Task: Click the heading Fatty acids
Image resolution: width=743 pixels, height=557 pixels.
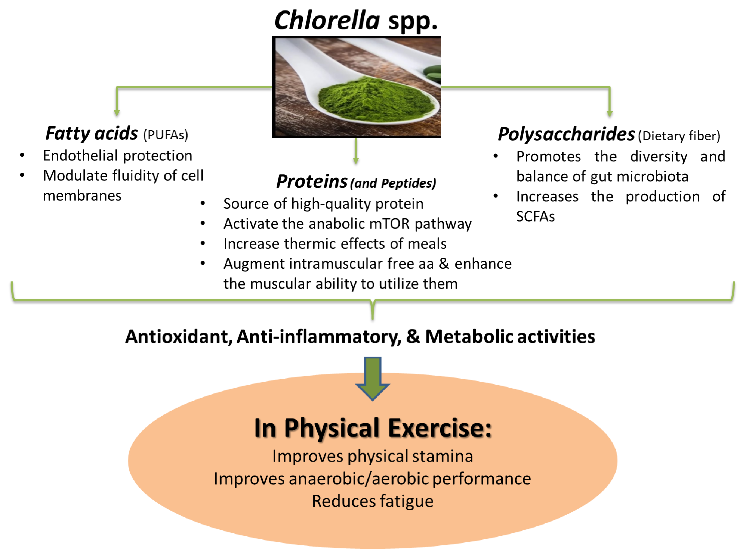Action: coord(91,134)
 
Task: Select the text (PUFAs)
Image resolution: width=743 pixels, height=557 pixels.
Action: coord(166,135)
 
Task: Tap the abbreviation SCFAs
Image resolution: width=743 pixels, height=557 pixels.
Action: coord(535,217)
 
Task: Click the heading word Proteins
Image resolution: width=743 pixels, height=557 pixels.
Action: coord(311,182)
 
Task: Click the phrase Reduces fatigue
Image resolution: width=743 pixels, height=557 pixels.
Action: coord(373,501)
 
